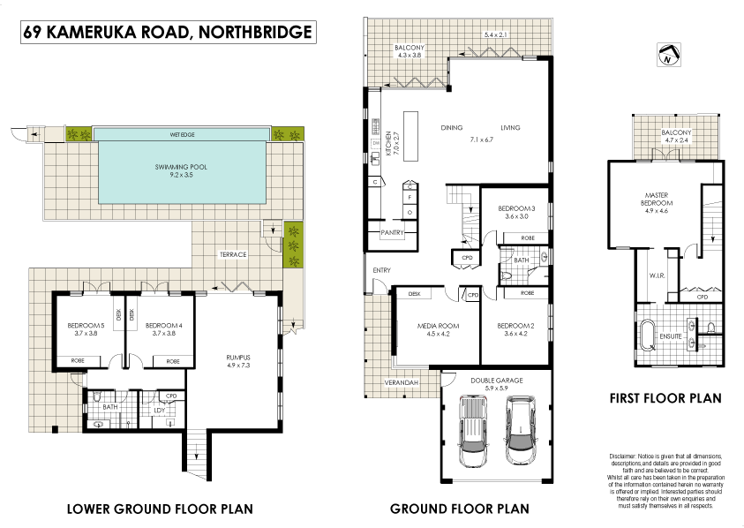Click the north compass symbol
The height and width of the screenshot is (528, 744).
[668, 56]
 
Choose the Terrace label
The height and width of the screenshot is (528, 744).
[232, 254]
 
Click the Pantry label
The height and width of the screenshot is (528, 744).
[392, 232]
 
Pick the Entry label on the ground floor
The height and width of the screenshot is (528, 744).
[381, 270]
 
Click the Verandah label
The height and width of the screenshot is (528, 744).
[400, 381]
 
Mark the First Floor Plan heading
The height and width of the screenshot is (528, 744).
[665, 398]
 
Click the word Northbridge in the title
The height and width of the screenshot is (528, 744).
[255, 34]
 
